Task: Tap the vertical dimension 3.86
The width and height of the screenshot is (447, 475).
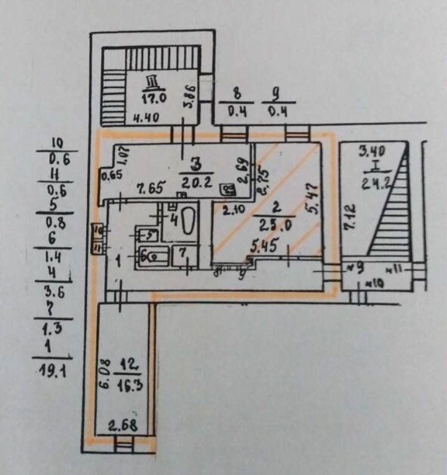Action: [191, 98]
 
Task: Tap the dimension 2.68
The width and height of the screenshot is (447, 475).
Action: [122, 427]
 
